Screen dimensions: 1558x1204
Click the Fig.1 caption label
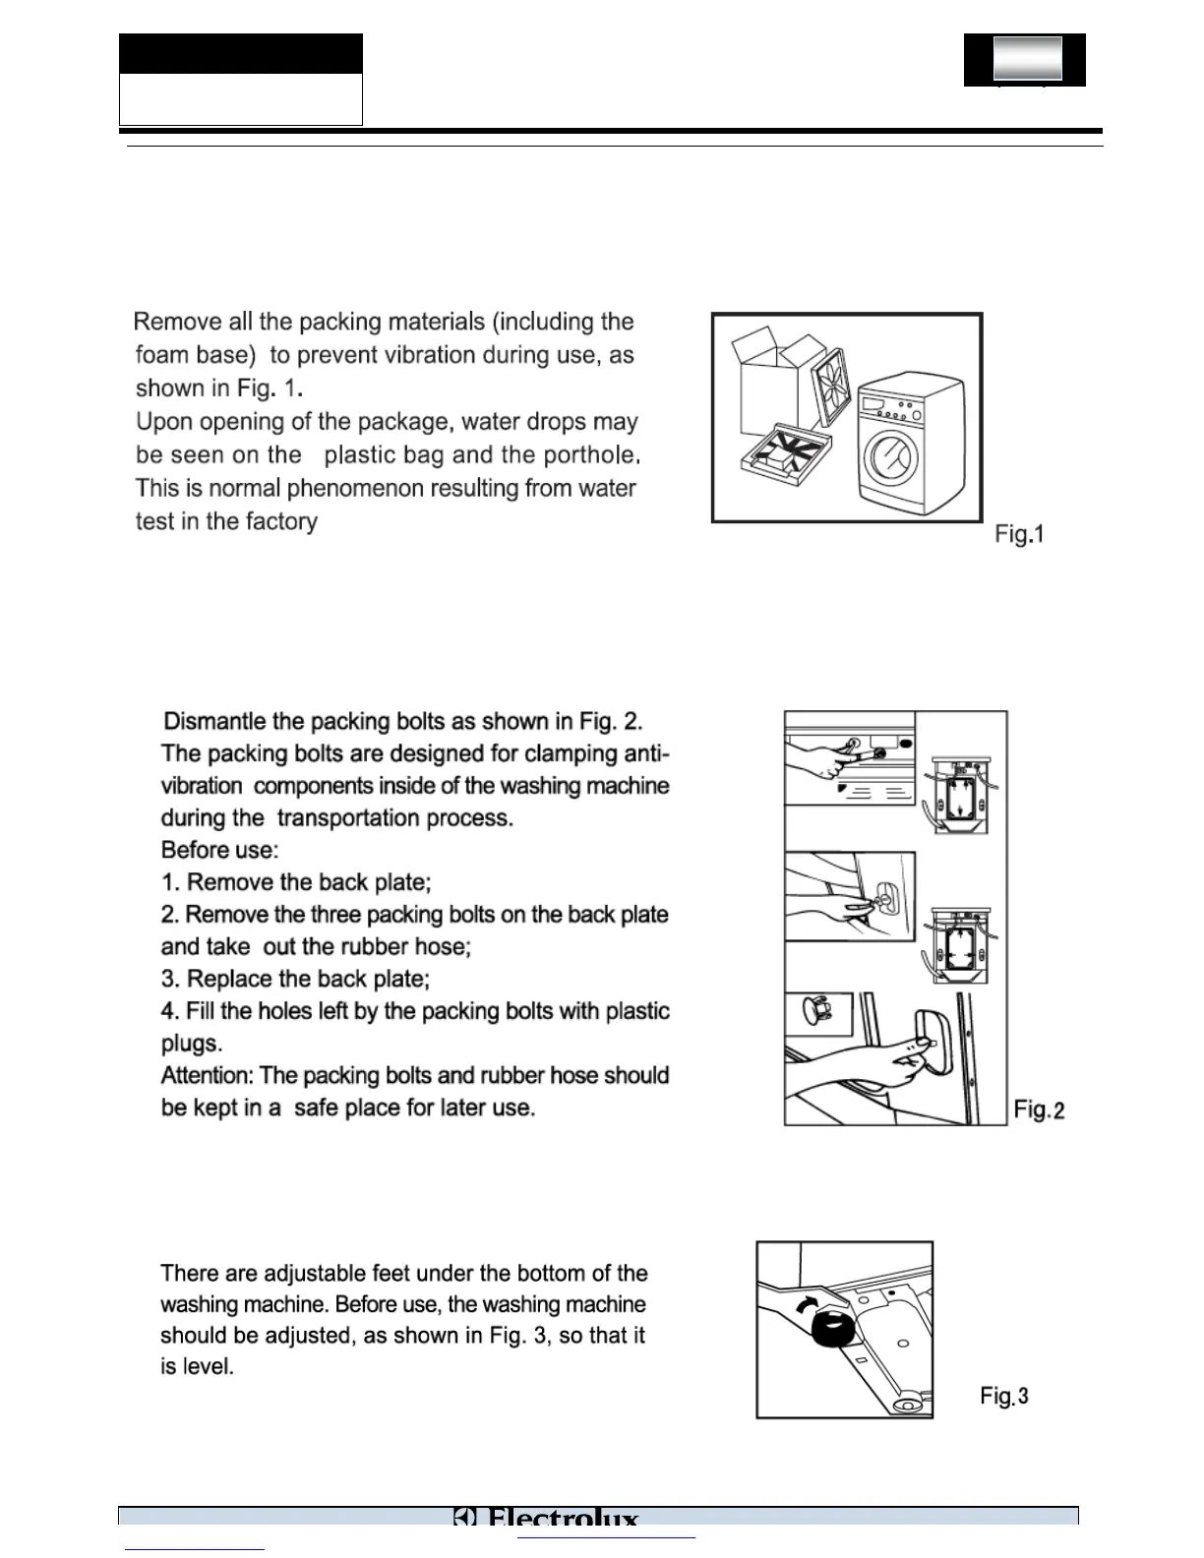(x=1018, y=534)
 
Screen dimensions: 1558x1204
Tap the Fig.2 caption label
(x=1039, y=1110)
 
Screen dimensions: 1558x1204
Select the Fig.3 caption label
(x=1004, y=1396)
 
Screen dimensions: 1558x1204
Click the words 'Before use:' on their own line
(x=219, y=850)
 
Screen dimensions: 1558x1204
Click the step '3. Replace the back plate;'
(x=296, y=979)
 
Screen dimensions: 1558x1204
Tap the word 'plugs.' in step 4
(x=191, y=1043)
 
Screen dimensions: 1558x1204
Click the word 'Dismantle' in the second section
(x=212, y=721)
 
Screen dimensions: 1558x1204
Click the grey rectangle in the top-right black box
(x=1028, y=58)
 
